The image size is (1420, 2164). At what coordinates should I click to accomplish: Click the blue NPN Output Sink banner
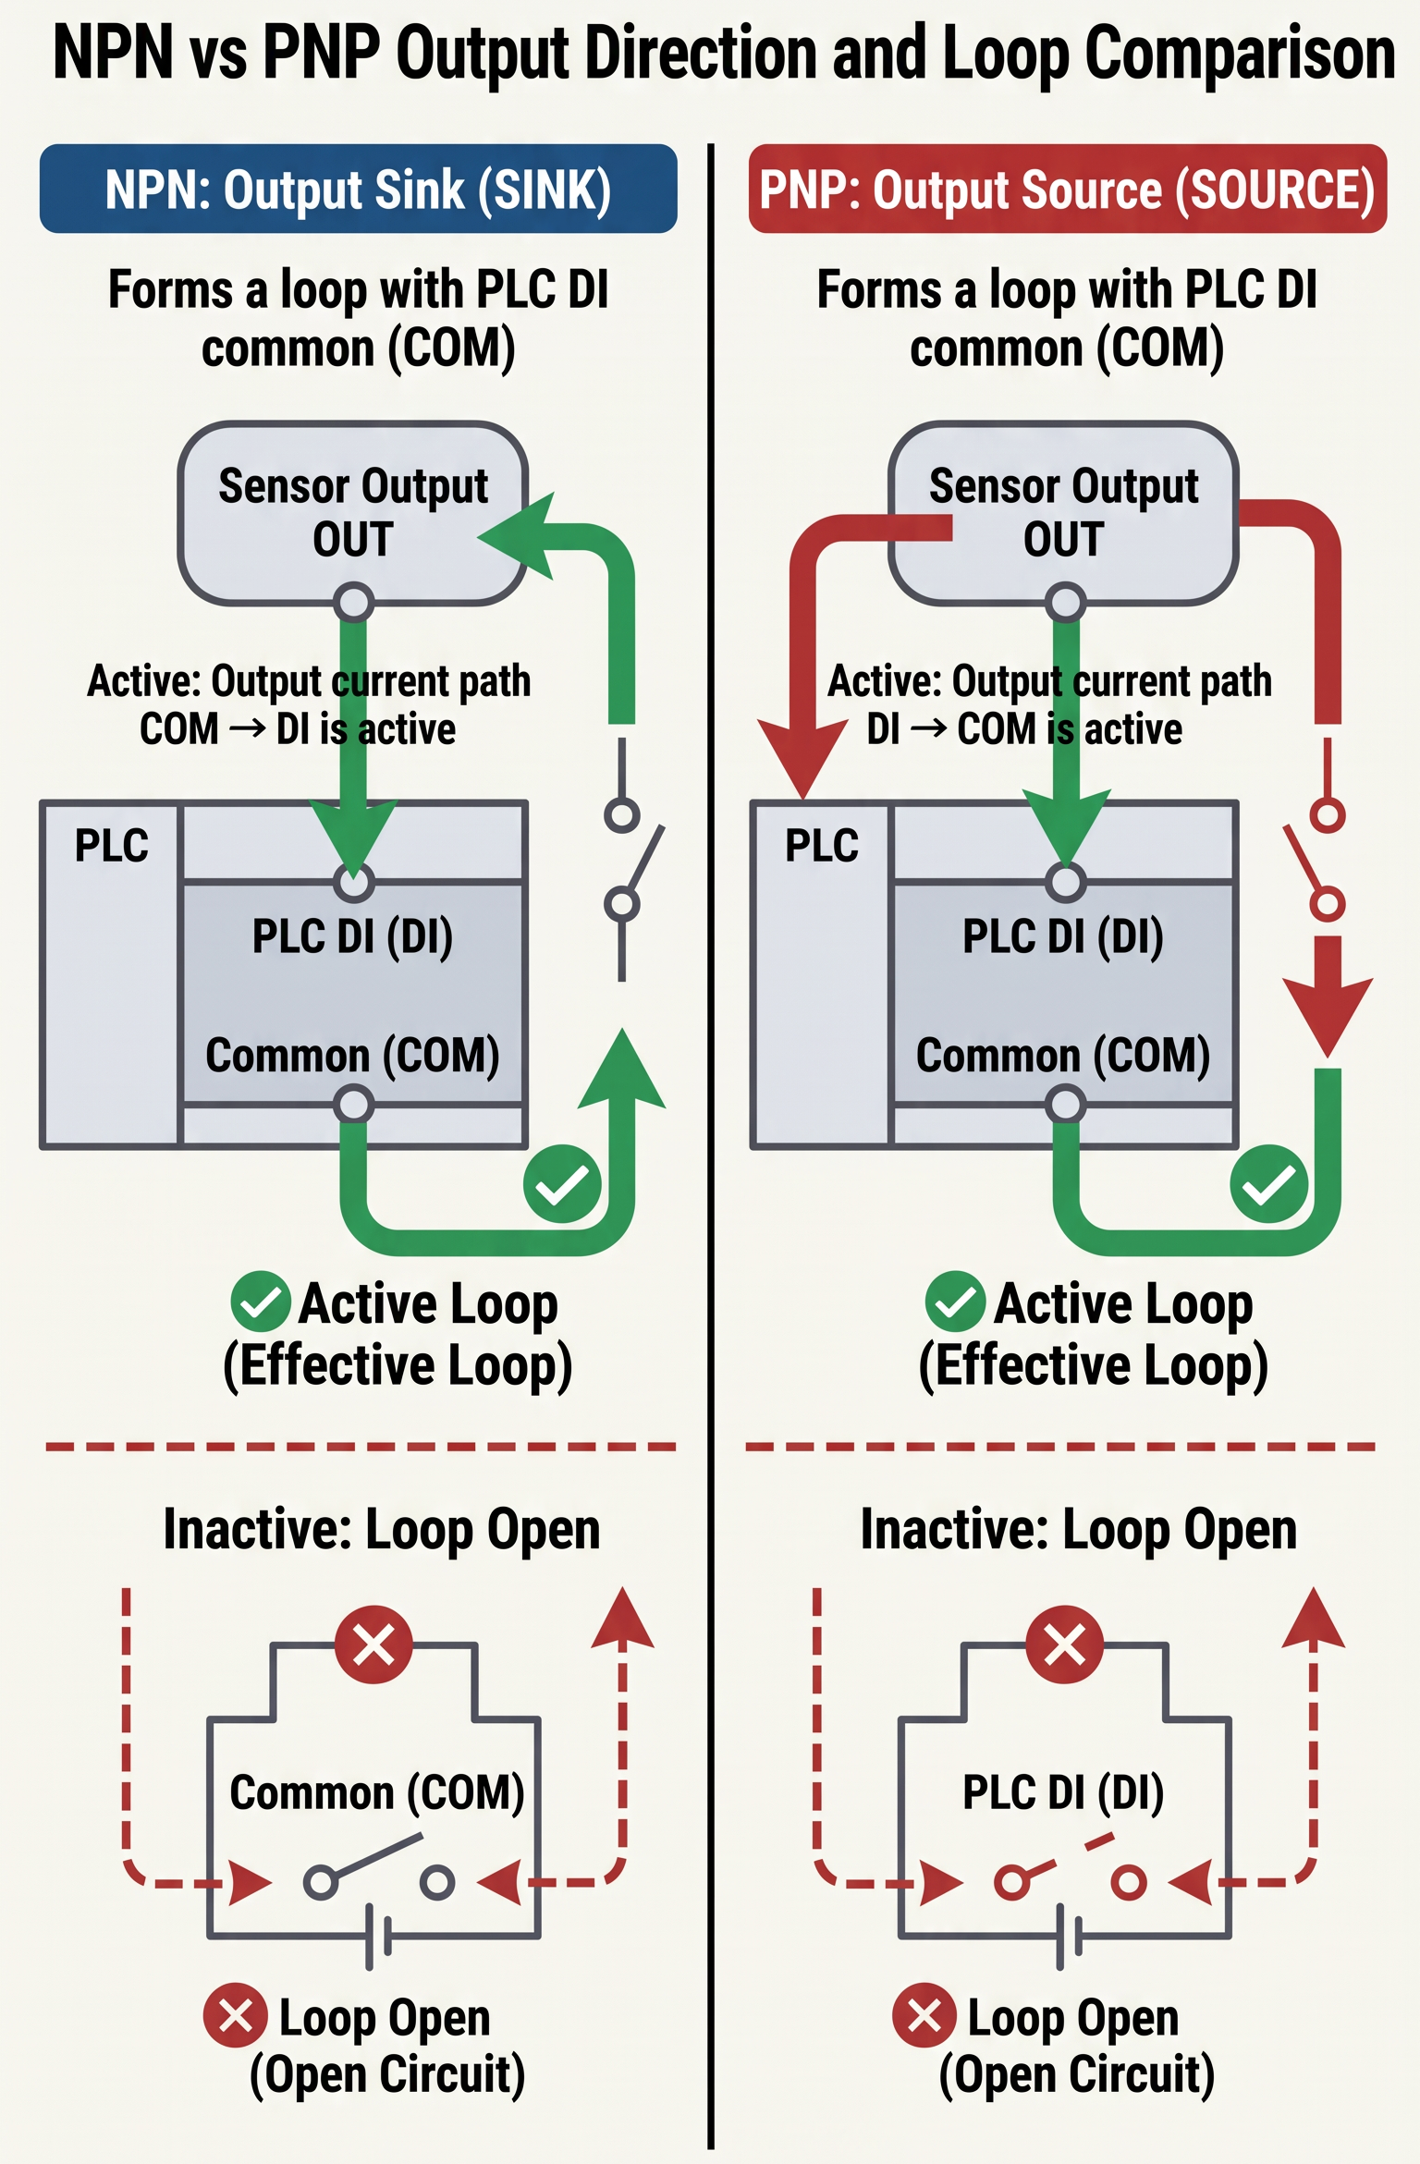tap(359, 189)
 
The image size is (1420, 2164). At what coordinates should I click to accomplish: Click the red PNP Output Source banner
tap(1068, 189)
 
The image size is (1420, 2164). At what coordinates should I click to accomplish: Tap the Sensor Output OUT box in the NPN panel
tap(353, 513)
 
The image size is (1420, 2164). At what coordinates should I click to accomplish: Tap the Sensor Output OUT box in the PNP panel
tap(1063, 513)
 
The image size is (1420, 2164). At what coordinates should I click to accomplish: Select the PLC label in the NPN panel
tap(112, 845)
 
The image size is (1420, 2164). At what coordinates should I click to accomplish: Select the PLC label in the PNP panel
tap(822, 845)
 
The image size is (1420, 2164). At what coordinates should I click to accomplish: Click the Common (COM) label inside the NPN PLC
tap(352, 1055)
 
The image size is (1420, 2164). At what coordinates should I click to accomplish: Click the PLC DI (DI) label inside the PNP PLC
tap(1063, 935)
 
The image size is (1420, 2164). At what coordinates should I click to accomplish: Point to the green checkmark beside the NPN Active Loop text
tap(261, 1302)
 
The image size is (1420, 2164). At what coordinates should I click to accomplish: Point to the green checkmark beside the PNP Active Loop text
tap(955, 1302)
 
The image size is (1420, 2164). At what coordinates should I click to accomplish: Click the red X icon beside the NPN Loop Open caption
tap(236, 2016)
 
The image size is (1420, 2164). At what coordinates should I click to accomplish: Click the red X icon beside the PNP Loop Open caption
tap(924, 2016)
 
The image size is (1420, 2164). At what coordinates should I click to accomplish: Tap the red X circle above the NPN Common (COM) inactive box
tap(373, 1644)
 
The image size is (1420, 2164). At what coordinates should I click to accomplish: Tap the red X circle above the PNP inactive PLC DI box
tap(1064, 1644)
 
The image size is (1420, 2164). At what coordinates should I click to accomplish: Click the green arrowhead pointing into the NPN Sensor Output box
tap(518, 536)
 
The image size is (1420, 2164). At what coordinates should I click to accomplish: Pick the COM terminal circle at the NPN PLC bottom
tap(353, 1105)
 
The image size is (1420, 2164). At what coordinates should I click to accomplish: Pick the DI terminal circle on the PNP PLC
tap(1065, 882)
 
